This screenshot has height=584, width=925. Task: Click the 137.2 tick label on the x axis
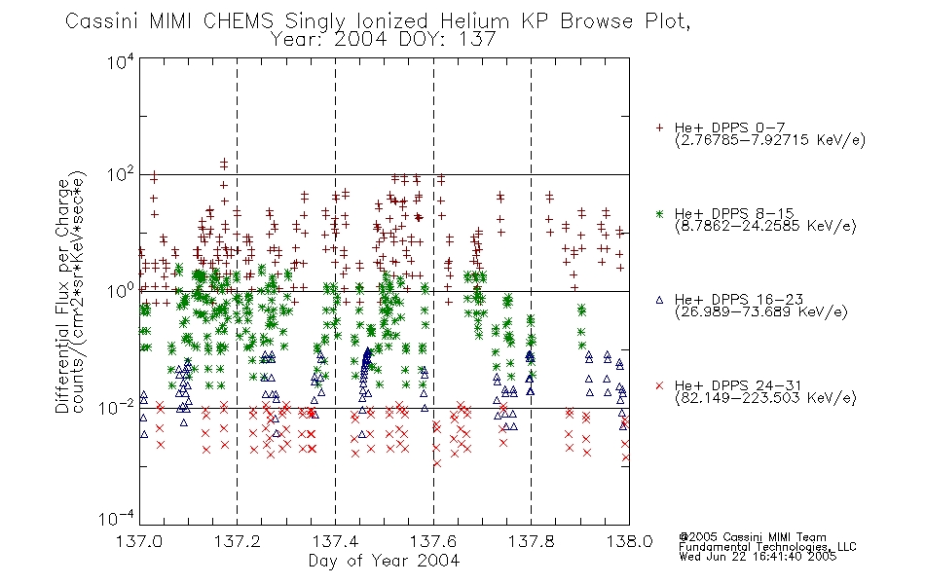pos(238,541)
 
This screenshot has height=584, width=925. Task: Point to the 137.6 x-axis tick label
pos(433,541)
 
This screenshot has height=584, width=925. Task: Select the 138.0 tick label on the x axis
pos(629,541)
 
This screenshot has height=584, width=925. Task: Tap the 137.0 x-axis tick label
pos(140,541)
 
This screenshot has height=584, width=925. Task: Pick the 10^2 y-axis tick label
pos(122,175)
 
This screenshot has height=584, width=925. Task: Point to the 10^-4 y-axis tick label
pos(118,518)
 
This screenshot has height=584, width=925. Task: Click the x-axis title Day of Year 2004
pos(384,561)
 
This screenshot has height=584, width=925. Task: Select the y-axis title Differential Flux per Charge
pos(62,296)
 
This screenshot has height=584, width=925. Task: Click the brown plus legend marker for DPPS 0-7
pos(659,128)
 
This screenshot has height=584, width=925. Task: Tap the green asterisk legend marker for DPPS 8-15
pos(659,213)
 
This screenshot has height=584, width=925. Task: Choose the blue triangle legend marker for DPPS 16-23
pos(659,300)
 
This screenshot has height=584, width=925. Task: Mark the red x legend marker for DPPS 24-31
pos(659,385)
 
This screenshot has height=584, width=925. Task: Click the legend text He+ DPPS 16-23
pos(739,300)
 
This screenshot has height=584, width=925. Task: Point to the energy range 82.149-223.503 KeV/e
pos(765,397)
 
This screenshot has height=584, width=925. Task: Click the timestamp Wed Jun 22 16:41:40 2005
pos(758,556)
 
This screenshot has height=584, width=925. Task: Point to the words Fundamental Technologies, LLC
pos(767,547)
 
